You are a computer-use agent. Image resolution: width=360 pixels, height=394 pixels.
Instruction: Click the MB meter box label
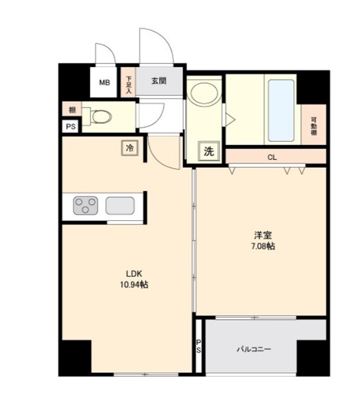click(104, 83)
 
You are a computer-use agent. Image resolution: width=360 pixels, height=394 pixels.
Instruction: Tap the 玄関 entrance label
click(159, 81)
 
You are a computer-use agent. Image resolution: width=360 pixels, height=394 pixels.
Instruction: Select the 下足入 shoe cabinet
click(128, 82)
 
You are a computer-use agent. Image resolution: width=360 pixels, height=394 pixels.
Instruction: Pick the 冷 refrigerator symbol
click(130, 148)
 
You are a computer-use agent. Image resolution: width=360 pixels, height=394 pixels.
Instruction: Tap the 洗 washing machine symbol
click(209, 151)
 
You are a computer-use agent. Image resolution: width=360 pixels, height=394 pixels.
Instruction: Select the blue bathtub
click(281, 110)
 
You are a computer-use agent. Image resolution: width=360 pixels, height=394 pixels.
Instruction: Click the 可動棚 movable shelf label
click(314, 126)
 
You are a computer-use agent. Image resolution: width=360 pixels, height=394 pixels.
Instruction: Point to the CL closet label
click(272, 157)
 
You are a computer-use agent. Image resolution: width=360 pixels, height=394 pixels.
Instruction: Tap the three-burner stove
click(86, 205)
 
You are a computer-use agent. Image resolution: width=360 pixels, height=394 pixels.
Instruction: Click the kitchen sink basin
click(120, 206)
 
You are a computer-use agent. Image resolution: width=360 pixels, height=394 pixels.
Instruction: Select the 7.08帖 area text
click(263, 246)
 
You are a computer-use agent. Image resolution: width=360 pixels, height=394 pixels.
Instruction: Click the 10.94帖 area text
click(134, 284)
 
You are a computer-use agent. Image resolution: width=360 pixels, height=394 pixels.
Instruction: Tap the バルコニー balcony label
click(254, 349)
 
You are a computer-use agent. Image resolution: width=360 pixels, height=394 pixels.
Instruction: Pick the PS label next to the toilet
click(71, 126)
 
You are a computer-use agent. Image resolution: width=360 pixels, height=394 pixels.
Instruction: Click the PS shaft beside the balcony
click(198, 346)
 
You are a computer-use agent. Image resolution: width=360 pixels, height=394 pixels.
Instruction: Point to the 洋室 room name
click(263, 235)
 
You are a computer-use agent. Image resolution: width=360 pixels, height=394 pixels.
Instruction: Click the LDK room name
click(134, 273)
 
